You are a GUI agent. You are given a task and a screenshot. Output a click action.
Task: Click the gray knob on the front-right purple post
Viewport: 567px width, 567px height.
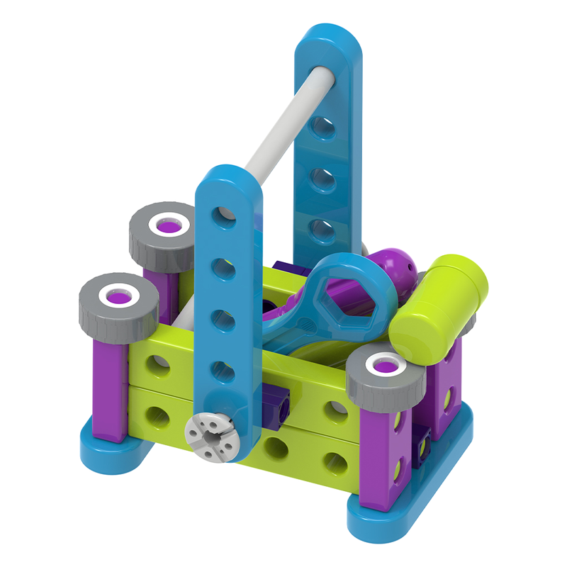[383, 379]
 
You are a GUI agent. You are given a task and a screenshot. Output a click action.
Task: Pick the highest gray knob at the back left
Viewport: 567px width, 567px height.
[162, 235]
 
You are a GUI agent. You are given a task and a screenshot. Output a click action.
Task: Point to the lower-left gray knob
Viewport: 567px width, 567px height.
[118, 305]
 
